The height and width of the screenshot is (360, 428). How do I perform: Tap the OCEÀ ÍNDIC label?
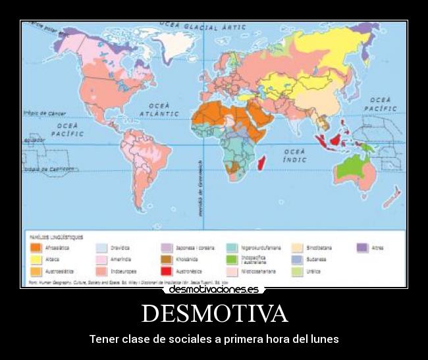[x=295, y=155]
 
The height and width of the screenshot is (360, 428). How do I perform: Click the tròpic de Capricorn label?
[x=48, y=168]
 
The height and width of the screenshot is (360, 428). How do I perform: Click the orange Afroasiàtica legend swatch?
[x=36, y=248]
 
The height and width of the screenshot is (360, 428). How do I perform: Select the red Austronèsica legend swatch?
[x=167, y=270]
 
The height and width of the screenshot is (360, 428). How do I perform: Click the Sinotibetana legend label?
[x=319, y=248]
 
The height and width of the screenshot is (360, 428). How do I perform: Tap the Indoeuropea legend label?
[x=124, y=270]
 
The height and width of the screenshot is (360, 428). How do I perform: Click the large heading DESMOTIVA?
[x=214, y=313]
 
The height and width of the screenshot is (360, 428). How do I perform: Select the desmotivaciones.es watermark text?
[x=213, y=289]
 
